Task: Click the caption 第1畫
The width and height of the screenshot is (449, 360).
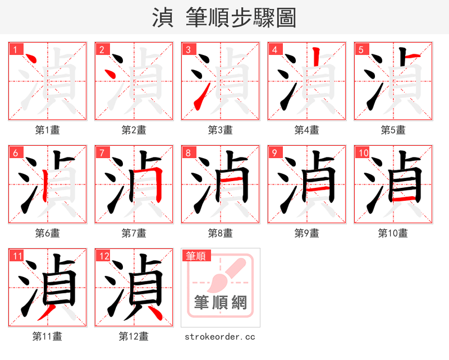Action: (x=48, y=130)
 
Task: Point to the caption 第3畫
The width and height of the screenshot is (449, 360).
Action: (x=221, y=130)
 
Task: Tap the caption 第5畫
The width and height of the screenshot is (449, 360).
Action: (x=393, y=130)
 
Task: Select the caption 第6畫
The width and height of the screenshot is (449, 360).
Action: (x=48, y=233)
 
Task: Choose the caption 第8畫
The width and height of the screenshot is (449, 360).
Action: (x=221, y=233)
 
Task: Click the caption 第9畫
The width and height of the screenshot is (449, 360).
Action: (x=307, y=233)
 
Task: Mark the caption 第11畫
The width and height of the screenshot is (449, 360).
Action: (x=48, y=336)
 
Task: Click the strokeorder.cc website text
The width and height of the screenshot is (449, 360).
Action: (x=220, y=336)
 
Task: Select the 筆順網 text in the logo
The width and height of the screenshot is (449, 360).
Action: (x=221, y=303)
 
